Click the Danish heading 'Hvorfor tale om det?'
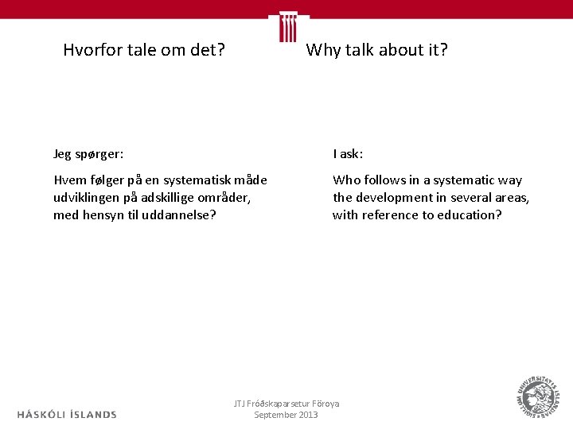pyautogui.click(x=144, y=51)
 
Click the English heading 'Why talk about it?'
pyautogui.click(x=376, y=51)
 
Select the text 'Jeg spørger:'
pyautogui.click(x=88, y=154)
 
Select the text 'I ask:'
pyautogui.click(x=348, y=154)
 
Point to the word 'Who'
pyautogui.click(x=346, y=180)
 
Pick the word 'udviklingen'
pyautogui.click(x=88, y=198)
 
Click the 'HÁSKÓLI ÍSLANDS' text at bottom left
pyautogui.click(x=67, y=414)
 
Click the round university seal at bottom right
pyautogui.click(x=536, y=396)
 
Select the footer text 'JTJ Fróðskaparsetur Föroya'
pyautogui.click(x=286, y=404)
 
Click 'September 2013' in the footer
pyautogui.click(x=286, y=415)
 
